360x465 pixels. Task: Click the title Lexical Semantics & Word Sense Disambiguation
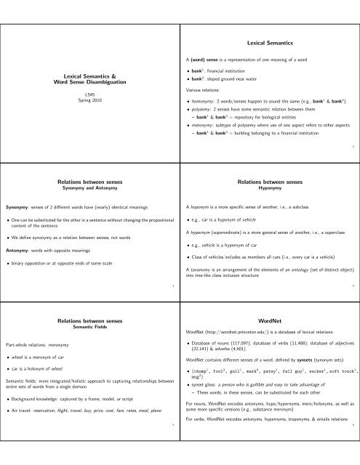(x=89, y=78)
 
